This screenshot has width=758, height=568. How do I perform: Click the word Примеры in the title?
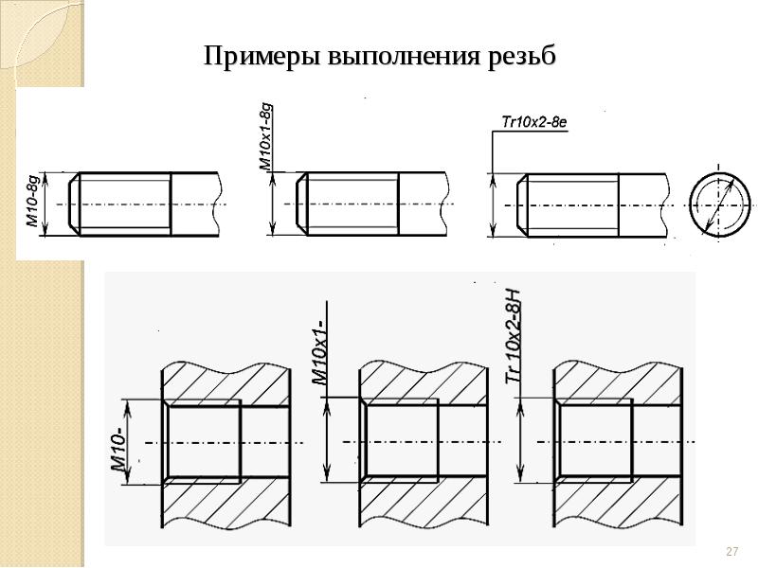pyautogui.click(x=262, y=57)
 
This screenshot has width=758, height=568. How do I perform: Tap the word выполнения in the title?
pyautogui.click(x=405, y=57)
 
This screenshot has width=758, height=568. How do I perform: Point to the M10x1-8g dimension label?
pyautogui.click(x=266, y=136)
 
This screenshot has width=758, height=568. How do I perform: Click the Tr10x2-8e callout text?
pyautogui.click(x=534, y=123)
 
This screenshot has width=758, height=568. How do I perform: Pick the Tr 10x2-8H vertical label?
pyautogui.click(x=514, y=336)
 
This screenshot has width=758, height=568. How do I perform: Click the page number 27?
pyautogui.click(x=731, y=551)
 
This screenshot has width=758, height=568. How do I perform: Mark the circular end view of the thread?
pyautogui.click(x=720, y=204)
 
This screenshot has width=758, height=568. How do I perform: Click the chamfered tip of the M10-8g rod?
pyautogui.click(x=74, y=204)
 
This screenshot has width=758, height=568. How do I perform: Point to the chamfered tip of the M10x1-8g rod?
pyautogui.click(x=301, y=204)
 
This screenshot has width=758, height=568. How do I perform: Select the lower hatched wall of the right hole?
pyautogui.click(x=618, y=500)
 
